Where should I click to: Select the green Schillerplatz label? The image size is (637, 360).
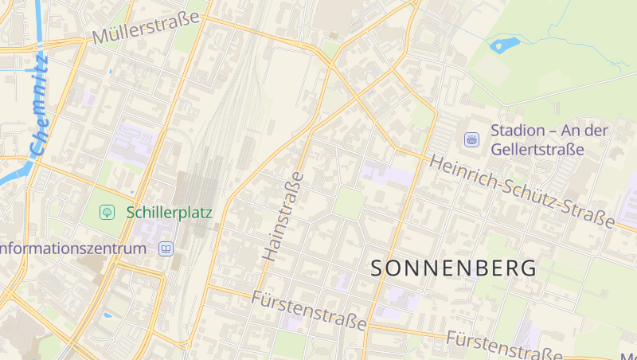[162, 212]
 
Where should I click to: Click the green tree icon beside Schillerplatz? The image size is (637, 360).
[106, 212]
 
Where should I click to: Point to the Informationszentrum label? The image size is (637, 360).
[73, 248]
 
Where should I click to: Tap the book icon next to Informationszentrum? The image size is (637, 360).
[166, 248]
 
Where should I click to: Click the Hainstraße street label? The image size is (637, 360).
[283, 217]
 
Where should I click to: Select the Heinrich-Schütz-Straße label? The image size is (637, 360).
[522, 192]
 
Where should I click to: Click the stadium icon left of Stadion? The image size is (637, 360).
[471, 139]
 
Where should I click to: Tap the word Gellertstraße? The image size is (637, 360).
[537, 149]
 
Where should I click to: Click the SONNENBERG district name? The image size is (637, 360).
[454, 268]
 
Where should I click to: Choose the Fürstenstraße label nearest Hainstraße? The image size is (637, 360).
[309, 311]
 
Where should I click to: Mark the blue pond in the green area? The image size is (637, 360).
[504, 45]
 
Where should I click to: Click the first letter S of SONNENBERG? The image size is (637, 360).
[379, 268]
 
